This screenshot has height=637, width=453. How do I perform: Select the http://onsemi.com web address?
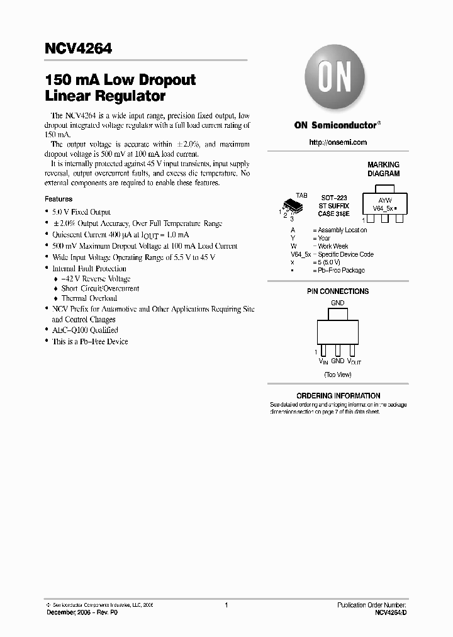point(338,142)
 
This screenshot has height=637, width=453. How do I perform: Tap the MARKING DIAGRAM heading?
point(383,169)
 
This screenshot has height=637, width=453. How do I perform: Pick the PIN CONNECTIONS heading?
point(338,291)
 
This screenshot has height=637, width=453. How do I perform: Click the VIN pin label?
point(323,361)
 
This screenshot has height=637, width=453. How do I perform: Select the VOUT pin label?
point(353,361)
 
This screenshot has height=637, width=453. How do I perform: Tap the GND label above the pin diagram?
point(338,303)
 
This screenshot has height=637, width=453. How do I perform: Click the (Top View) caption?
point(338,375)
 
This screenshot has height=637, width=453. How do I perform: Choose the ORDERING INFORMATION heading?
point(338,396)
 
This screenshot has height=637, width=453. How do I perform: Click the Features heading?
point(59,199)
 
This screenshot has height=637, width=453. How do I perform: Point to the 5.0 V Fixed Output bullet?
point(82,212)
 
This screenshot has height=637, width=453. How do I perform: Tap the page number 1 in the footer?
point(226,605)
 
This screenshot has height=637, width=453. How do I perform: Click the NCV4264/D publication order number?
point(391,612)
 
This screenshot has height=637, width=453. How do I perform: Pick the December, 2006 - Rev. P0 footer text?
point(82,612)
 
